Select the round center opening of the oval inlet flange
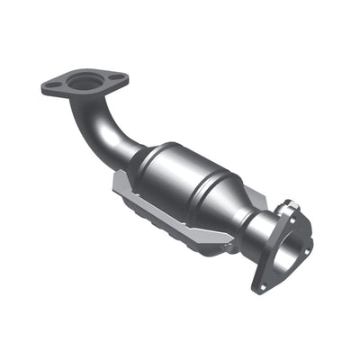[85, 82]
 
